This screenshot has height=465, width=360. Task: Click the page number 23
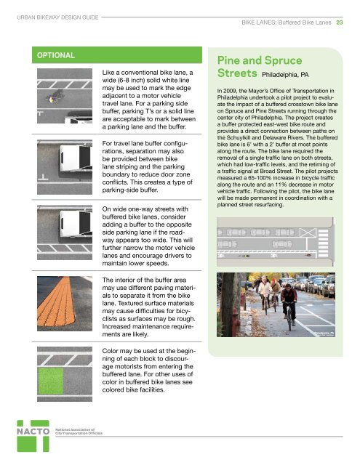pos(348,23)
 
